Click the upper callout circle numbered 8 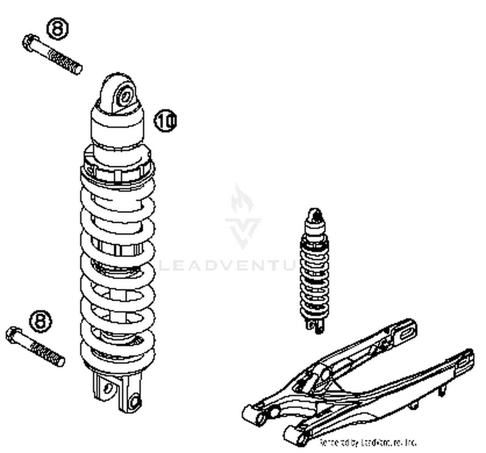58,28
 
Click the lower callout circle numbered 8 41,321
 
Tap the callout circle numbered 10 166,121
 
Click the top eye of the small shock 315,214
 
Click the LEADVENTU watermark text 227,265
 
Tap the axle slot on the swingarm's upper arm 407,333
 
